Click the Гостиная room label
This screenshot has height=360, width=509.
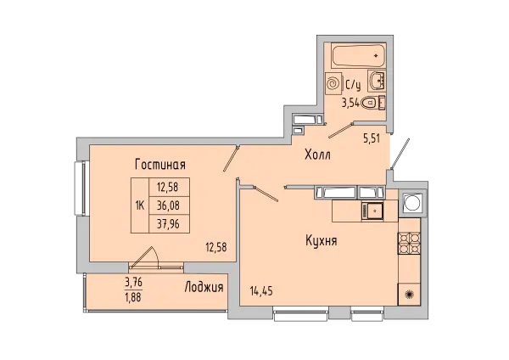point(159,165)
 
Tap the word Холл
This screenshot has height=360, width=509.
point(318,155)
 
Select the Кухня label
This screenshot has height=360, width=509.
point(322,241)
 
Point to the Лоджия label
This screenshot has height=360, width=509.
point(204,288)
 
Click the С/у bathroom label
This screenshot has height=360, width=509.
point(353,84)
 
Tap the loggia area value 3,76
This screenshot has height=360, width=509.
point(133,284)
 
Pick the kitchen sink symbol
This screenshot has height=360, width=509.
point(370,207)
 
